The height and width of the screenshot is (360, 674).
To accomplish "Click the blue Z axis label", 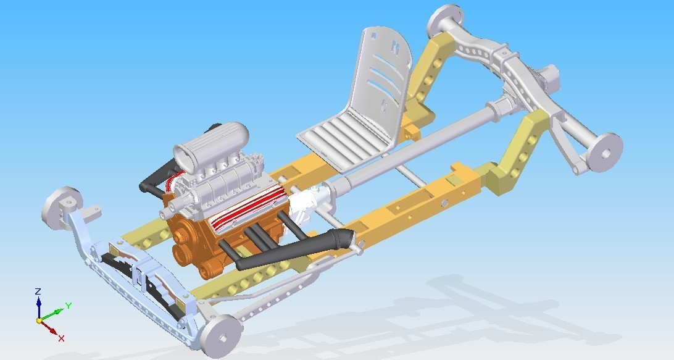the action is [38, 291].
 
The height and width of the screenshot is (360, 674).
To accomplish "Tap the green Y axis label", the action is [68, 306].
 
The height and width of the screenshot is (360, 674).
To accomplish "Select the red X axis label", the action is [61, 338].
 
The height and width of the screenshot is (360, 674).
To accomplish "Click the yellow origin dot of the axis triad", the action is [39, 321].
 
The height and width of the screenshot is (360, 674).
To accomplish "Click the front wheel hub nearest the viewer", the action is [221, 337].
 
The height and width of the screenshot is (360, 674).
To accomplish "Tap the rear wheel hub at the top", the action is [446, 20].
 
